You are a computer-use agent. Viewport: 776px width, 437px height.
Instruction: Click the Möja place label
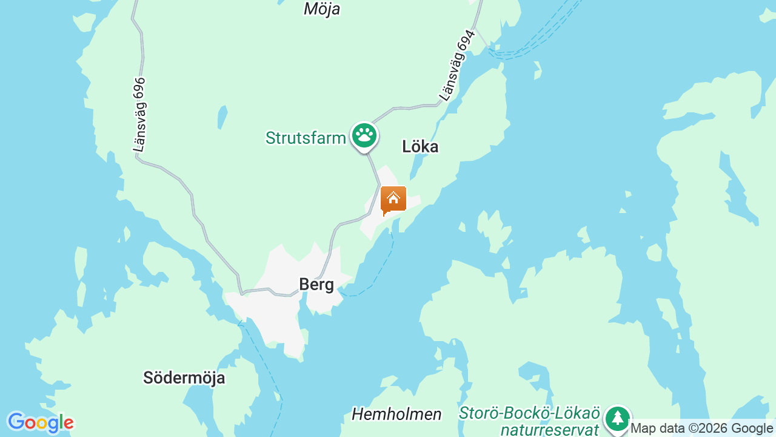[322, 9]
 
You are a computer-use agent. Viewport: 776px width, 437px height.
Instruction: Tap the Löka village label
[420, 146]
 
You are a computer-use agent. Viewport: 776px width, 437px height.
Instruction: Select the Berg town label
[316, 285]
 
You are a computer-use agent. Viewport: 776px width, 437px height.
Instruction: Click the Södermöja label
[184, 378]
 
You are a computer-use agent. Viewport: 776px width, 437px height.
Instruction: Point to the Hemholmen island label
[396, 415]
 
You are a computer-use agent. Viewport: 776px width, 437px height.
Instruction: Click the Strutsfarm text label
[306, 138]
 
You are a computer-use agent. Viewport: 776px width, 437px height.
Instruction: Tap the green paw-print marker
[364, 135]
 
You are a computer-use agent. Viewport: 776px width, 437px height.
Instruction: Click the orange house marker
[393, 198]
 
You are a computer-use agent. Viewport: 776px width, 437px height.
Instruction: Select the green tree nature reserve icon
[617, 418]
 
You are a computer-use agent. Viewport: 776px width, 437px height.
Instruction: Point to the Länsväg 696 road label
[140, 114]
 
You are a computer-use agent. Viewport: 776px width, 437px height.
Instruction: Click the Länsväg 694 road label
[458, 66]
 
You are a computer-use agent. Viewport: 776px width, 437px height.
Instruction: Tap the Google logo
[40, 422]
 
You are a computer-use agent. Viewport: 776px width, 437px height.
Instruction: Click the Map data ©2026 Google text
[701, 429]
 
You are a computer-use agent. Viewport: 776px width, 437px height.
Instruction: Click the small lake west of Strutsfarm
[222, 117]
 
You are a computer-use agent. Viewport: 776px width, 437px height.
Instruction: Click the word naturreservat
[549, 430]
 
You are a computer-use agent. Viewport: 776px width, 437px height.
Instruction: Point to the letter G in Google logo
[15, 422]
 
